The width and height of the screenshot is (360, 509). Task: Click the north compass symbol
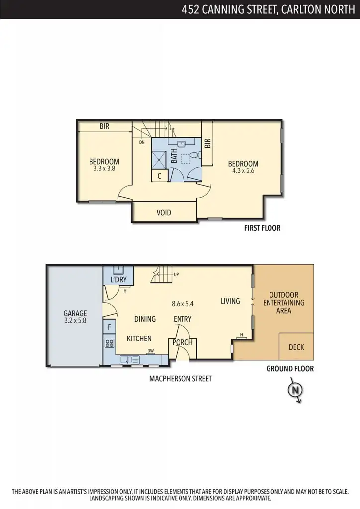point(295,390)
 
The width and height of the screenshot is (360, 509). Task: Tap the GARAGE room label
point(75,317)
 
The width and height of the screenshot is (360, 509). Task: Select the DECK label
point(296,347)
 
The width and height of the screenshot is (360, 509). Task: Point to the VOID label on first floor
point(164,212)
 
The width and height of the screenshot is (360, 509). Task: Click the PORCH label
point(182,342)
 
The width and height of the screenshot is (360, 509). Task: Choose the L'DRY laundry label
point(119,280)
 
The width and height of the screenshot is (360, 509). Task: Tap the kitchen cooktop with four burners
point(109,343)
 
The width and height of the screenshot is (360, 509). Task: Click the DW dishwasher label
point(150,351)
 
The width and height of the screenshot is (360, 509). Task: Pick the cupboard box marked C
point(160,175)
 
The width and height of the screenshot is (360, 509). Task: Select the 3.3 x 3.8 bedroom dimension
point(104,169)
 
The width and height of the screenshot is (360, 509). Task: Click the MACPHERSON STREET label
point(180,379)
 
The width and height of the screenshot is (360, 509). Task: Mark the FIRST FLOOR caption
point(262,228)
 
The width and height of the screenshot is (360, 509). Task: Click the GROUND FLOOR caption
point(290,369)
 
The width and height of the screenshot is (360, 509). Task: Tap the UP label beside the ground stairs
point(176,274)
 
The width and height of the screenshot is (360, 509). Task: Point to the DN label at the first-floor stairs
point(142,142)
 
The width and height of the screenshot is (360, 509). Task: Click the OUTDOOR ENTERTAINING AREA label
point(283,303)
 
